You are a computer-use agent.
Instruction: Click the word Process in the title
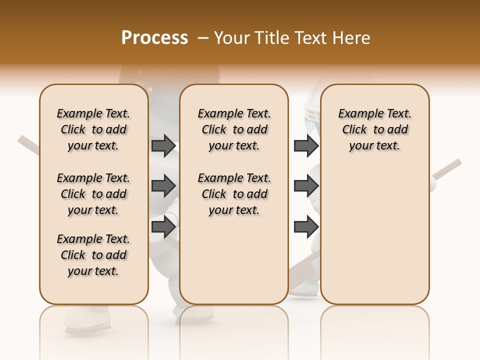point(154,38)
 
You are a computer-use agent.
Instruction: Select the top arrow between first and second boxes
point(163,145)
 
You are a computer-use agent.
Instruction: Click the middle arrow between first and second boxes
point(163,186)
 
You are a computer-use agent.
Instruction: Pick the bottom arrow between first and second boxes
point(163,227)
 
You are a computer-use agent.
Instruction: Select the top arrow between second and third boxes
point(305,145)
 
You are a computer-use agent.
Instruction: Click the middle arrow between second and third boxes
point(305,186)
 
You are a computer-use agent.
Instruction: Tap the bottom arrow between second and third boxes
point(305,227)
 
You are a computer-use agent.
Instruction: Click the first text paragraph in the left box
point(93,129)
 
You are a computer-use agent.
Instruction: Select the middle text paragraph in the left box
point(93,194)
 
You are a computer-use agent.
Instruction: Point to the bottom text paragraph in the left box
point(93,255)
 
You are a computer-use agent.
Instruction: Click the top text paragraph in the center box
point(234,129)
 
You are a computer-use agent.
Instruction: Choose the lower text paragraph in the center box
point(234,194)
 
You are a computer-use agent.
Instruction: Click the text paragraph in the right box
point(375,129)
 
